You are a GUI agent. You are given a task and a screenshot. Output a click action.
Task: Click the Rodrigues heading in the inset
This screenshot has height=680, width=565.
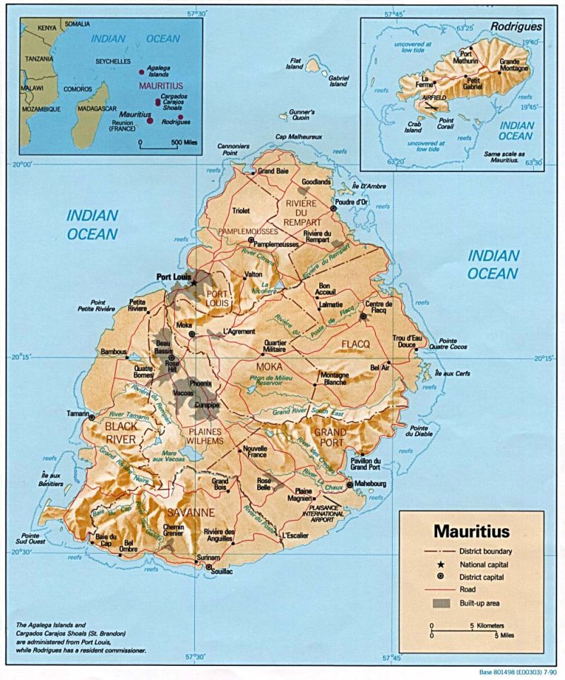(519, 26)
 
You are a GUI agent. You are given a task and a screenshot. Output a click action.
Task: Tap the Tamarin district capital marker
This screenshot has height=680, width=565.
(92, 418)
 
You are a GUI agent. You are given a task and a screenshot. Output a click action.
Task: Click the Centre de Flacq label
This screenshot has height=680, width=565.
(379, 308)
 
